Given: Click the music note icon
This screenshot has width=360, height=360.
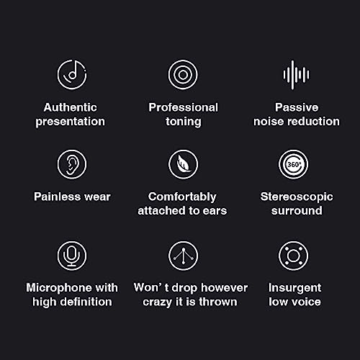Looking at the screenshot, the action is [72, 74].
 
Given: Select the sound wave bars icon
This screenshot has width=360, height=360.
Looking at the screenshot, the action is [296, 75].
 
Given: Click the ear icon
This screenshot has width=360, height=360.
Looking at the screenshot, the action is [72, 164].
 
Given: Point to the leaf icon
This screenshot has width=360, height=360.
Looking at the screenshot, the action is [183, 164].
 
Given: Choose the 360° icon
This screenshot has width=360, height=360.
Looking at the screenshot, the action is [293, 164].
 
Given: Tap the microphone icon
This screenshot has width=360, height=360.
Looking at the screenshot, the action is [72, 256].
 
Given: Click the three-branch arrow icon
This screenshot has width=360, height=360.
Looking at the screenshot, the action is [183, 256].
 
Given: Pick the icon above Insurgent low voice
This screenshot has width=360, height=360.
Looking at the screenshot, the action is [293, 256].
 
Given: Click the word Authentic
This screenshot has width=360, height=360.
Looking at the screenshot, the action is [71, 107].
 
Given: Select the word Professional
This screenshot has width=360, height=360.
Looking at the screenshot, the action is [183, 107].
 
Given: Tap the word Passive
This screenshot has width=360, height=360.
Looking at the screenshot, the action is [297, 107].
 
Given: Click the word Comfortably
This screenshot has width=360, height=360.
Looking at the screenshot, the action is [182, 197].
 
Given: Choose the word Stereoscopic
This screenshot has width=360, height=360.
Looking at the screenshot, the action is [297, 197].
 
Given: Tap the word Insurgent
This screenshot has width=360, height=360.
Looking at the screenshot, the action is [294, 288].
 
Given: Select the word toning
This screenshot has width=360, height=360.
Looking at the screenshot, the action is [184, 122].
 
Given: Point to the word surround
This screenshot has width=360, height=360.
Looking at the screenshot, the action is [297, 211].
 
